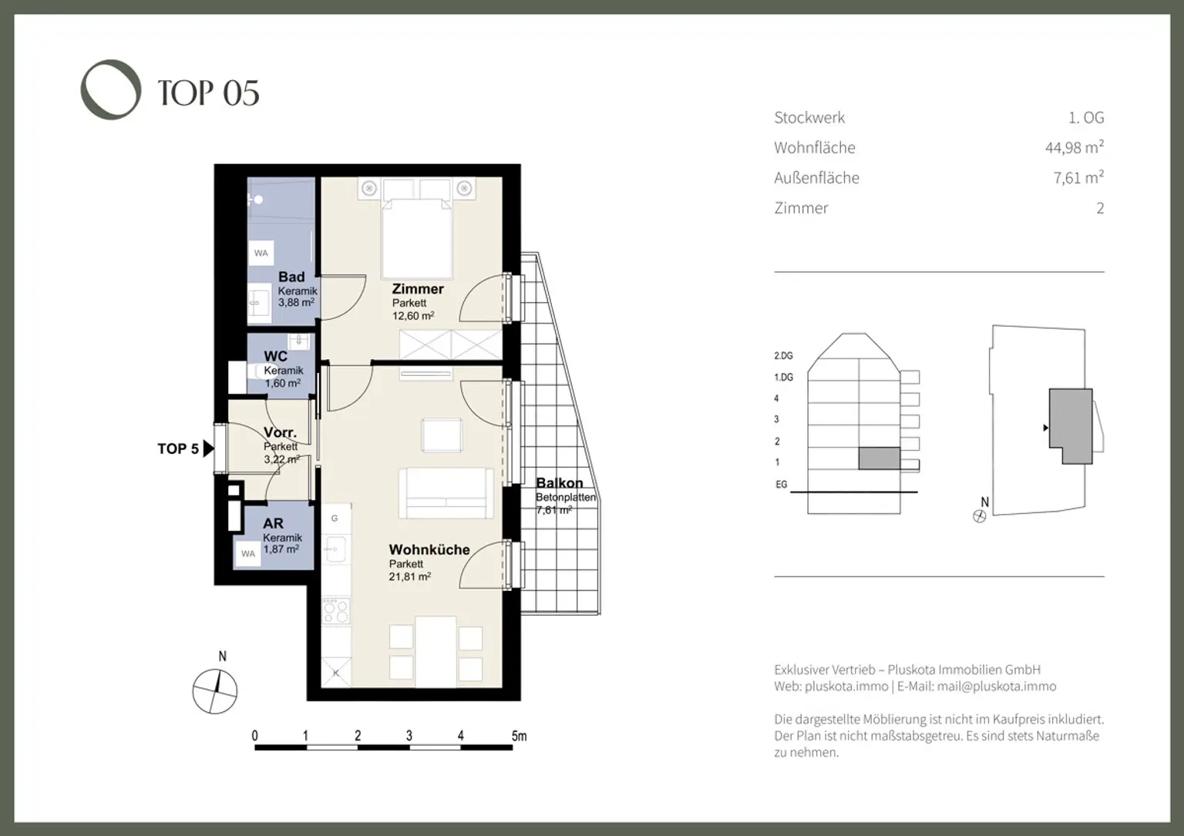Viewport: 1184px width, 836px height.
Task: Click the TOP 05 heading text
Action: (208, 93)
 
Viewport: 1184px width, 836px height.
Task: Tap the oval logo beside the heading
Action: (111, 89)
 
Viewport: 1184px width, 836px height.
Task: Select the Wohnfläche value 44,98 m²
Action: (1074, 147)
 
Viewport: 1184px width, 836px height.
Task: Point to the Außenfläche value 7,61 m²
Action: (1078, 178)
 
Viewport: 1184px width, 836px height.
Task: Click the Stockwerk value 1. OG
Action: (1085, 118)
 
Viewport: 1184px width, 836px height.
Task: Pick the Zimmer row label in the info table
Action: (801, 208)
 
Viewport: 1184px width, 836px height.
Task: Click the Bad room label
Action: (291, 277)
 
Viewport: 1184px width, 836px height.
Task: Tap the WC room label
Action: (275, 356)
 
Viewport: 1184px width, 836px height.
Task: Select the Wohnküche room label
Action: (429, 549)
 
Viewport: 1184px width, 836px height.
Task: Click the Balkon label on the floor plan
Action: (559, 483)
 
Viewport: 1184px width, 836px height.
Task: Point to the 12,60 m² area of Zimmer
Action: (412, 316)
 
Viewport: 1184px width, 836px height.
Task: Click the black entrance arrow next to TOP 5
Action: (208, 448)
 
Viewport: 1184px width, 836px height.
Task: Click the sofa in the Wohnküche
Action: (446, 493)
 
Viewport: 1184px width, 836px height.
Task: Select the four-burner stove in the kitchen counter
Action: (335, 612)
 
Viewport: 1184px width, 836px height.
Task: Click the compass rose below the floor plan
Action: (215, 690)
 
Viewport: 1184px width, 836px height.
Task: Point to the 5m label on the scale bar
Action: (519, 736)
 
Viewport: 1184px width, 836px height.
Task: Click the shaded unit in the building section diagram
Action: (879, 458)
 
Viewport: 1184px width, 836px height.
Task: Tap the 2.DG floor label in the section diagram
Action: (783, 356)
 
